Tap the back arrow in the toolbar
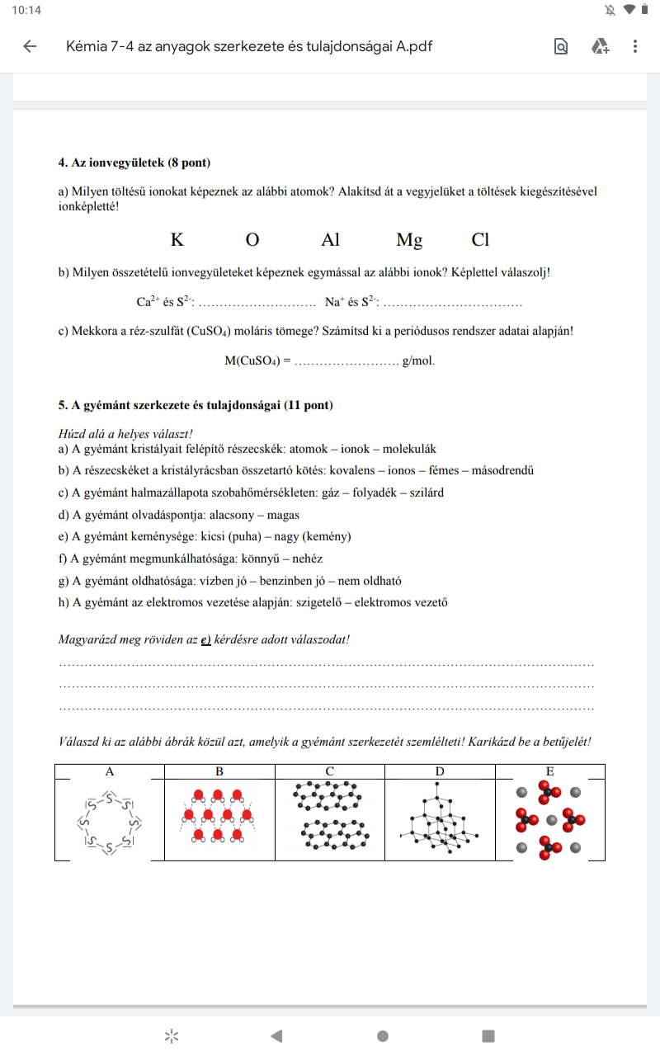click(30, 46)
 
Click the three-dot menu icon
click(634, 46)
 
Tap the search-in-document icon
click(561, 46)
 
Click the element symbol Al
click(330, 240)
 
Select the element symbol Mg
click(409, 240)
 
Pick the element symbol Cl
click(480, 240)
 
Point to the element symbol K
click(177, 240)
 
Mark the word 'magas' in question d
click(283, 515)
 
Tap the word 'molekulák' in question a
click(409, 450)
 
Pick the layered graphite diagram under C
click(329, 814)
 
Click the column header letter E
click(549, 772)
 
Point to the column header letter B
click(219, 772)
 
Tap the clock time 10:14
click(26, 10)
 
